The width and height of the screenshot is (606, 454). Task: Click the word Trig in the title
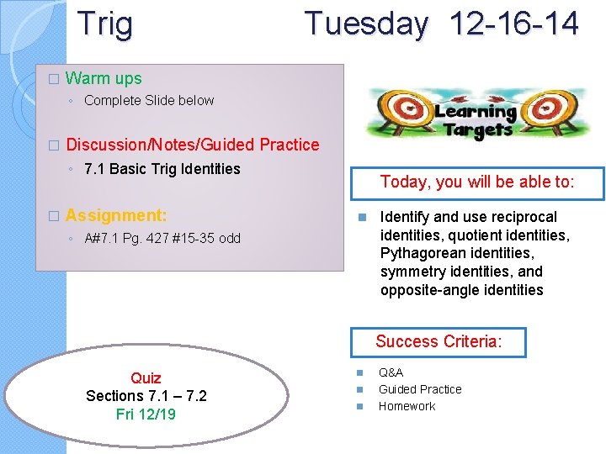tap(104, 24)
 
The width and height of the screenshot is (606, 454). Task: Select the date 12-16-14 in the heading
tap(514, 24)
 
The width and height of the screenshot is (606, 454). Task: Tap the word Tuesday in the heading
tap(366, 24)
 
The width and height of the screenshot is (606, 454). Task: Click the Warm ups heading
tap(104, 78)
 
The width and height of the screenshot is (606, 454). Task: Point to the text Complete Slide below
tap(149, 100)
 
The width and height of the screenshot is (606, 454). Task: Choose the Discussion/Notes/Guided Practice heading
tap(193, 145)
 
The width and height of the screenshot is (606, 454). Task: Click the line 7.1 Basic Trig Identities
tap(162, 168)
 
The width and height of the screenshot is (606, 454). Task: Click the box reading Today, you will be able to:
tap(477, 181)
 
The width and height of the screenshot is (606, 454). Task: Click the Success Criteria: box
tap(438, 341)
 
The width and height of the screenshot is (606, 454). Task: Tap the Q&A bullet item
tap(391, 372)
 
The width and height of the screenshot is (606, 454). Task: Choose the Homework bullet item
tap(407, 406)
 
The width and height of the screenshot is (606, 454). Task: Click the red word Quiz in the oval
tap(146, 377)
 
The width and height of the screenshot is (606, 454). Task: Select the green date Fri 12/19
tap(146, 414)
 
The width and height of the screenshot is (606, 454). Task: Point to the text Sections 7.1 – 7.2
tap(146, 395)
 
